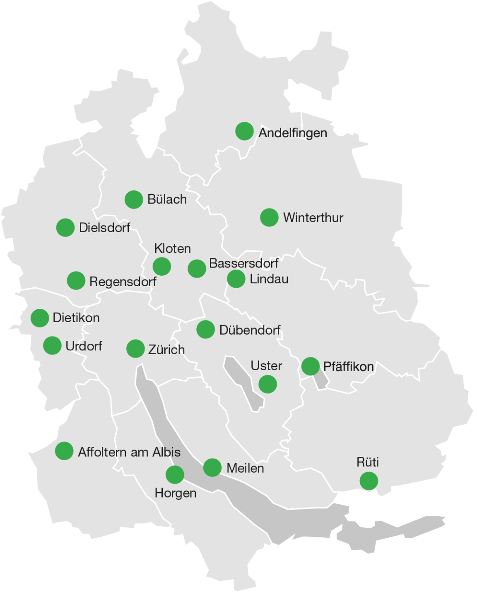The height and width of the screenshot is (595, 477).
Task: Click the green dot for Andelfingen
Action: pos(244,131)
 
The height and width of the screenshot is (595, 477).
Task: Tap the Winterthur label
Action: pos(313,218)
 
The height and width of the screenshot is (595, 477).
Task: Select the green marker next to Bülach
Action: pos(134,199)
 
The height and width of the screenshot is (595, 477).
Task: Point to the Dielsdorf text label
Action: pos(104,228)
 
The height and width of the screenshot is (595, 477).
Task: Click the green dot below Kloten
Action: pos(162,266)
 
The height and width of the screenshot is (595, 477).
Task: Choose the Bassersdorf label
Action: pos(243,263)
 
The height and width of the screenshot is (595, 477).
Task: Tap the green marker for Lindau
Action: pos(236,279)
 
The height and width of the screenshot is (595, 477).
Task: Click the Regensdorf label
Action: pos(123,282)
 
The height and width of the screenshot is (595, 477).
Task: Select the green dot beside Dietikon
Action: pos(40,318)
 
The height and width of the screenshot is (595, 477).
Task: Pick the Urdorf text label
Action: pos(84,346)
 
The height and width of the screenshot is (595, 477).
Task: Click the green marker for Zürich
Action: pos(135,349)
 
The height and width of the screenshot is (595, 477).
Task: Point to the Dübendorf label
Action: pos(250,330)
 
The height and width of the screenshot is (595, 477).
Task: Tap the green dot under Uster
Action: pos(267,384)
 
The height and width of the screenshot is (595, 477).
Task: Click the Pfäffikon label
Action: pos(348,367)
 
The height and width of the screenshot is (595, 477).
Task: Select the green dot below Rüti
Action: pos(369,481)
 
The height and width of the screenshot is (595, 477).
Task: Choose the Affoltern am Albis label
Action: pos(129,452)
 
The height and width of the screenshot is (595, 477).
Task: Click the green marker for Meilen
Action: pos(212,468)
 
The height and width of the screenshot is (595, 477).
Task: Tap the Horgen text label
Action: pos(176,493)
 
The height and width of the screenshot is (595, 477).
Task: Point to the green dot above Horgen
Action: pos(175,475)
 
